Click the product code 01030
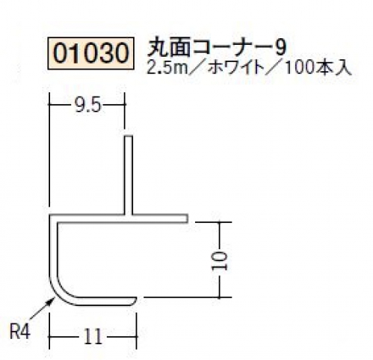(91, 53)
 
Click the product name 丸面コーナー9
(216, 49)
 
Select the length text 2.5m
(167, 68)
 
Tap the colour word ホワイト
(235, 68)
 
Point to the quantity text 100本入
(318, 68)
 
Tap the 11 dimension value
(93, 336)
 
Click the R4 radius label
(20, 332)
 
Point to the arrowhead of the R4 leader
(52, 300)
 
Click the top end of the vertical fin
(128, 136)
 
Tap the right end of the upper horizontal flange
(187, 219)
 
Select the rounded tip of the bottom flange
(135, 302)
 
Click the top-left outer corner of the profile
(50, 215)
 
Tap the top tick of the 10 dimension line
(219, 222)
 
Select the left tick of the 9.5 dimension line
(50, 104)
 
